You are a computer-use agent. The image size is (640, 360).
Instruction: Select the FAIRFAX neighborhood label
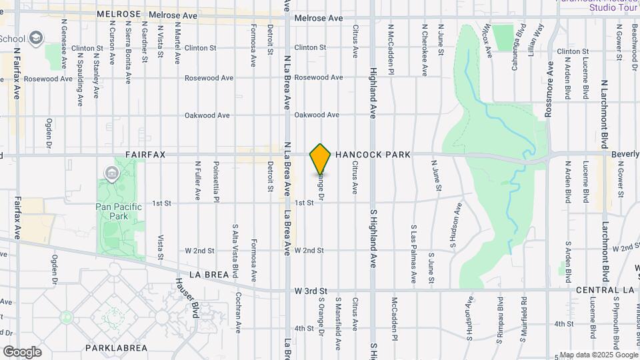click(145, 154)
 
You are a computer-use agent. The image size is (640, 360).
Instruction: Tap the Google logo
click(22, 351)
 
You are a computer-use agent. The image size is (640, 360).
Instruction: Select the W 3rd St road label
click(311, 291)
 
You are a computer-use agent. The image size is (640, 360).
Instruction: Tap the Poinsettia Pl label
click(216, 179)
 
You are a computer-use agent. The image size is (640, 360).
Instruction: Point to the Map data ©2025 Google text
click(598, 355)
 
